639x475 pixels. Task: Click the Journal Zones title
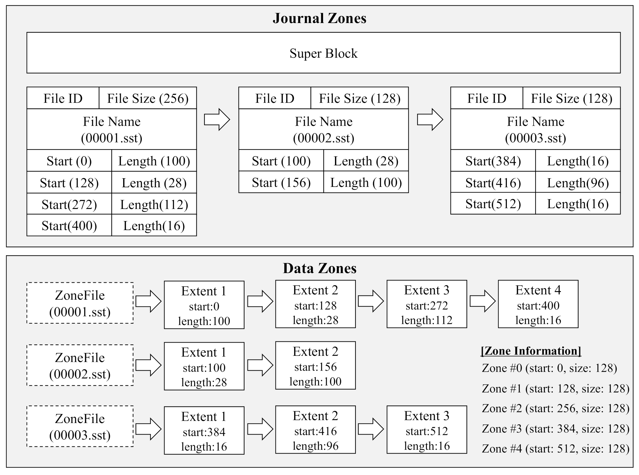[x=319, y=18]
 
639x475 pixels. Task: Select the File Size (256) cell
[x=148, y=98]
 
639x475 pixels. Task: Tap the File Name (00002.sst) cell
[x=324, y=129]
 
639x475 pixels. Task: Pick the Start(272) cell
[x=69, y=204]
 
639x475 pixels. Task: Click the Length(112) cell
[x=154, y=204]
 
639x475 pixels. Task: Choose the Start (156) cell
[x=281, y=183]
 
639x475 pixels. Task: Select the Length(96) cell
[x=578, y=183]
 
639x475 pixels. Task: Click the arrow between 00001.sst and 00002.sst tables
[x=217, y=120]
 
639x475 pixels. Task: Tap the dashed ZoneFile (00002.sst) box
[x=80, y=366]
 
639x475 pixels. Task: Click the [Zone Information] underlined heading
[x=531, y=351]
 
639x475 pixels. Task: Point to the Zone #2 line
[x=555, y=409]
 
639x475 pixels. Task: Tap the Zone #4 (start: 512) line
[x=555, y=449]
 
